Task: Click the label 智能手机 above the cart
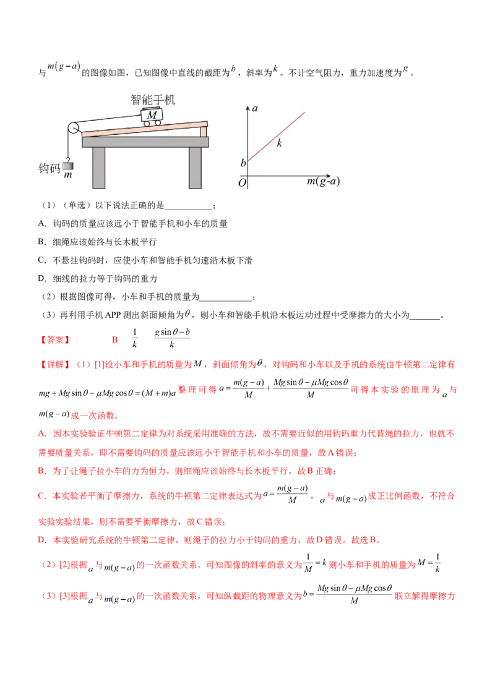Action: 153,99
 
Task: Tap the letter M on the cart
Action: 152,114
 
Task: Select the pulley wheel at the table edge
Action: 73,128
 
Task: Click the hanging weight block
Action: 67,165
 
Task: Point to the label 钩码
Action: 48,167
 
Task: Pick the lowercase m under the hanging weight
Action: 67,176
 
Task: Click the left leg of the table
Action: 99,167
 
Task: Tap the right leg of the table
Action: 195,167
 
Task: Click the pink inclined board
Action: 142,129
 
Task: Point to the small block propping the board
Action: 203,132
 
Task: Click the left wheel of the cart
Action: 147,123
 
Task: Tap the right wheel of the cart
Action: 158,122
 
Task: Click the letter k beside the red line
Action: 280,143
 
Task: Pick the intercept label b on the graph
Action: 243,163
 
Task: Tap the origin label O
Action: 243,182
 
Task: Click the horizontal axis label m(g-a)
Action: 323,182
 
